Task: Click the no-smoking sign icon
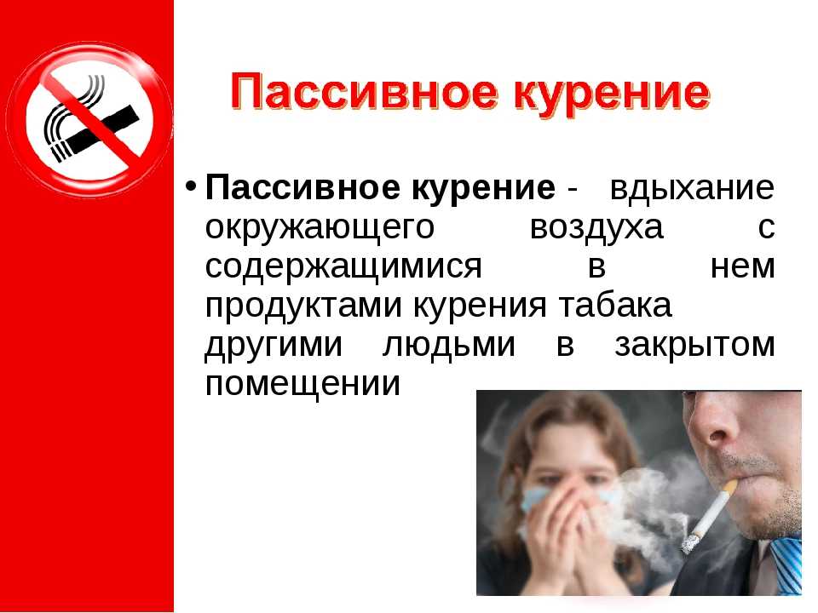coord(89,119)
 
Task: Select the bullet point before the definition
coord(191,186)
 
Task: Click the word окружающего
coord(320,228)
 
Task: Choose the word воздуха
coord(596,228)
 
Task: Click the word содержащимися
coord(343,267)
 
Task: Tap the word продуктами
coord(303,306)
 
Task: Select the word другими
coord(274,345)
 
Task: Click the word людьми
coord(449,345)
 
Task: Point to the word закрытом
coord(695,345)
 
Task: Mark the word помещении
coord(302,384)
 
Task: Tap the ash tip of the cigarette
coord(688,545)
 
